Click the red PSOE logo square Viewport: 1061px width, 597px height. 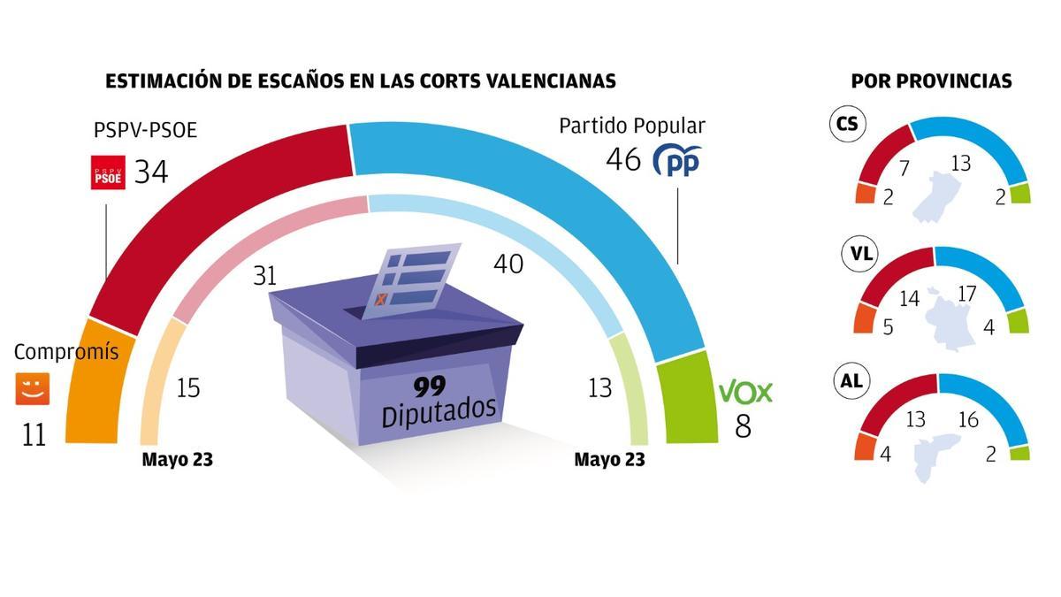[x=109, y=172]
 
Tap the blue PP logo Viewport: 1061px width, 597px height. [x=676, y=160]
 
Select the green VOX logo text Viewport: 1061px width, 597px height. [x=745, y=392]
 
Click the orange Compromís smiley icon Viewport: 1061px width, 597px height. [x=33, y=389]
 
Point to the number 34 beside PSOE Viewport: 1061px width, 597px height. [x=150, y=172]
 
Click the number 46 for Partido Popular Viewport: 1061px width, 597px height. [x=623, y=160]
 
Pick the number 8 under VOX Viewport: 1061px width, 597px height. [x=743, y=427]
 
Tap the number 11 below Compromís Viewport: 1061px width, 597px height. [x=34, y=435]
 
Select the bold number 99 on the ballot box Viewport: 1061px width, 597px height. [x=432, y=386]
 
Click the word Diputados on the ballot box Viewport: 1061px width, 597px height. [x=439, y=412]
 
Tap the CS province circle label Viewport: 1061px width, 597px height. [x=847, y=124]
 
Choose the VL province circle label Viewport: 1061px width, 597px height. [x=860, y=254]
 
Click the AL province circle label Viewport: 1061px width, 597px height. [x=851, y=381]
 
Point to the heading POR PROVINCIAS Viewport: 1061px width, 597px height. [x=931, y=81]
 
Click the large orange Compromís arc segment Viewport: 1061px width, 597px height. [x=96, y=389]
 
